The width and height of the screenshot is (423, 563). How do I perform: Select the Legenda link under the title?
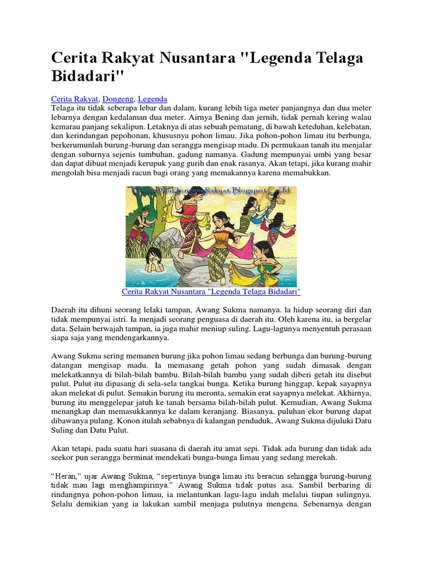point(153,98)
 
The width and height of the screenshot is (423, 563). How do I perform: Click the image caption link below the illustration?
point(211,291)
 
